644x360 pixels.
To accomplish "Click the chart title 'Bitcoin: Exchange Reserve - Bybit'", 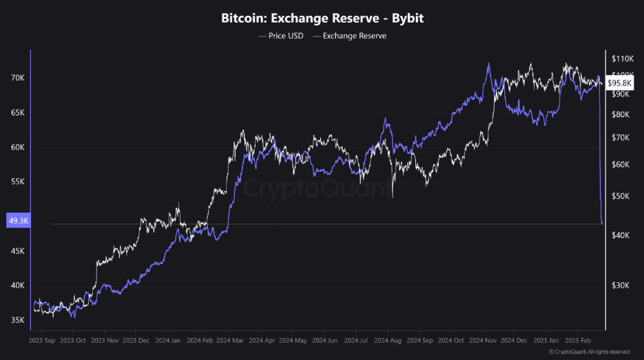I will pos(322,18).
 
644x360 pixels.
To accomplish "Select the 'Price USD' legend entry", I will pos(282,36).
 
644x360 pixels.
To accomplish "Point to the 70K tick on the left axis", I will pos(17,78).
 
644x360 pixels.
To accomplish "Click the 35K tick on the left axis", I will pos(17,320).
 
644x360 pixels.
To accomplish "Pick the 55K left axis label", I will pos(17,182).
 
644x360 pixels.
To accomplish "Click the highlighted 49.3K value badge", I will pos(17,220).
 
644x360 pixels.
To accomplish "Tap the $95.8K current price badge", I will pos(619,83).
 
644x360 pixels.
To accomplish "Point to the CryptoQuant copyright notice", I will pos(589,352).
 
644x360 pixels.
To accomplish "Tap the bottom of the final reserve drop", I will pos(603,223).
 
